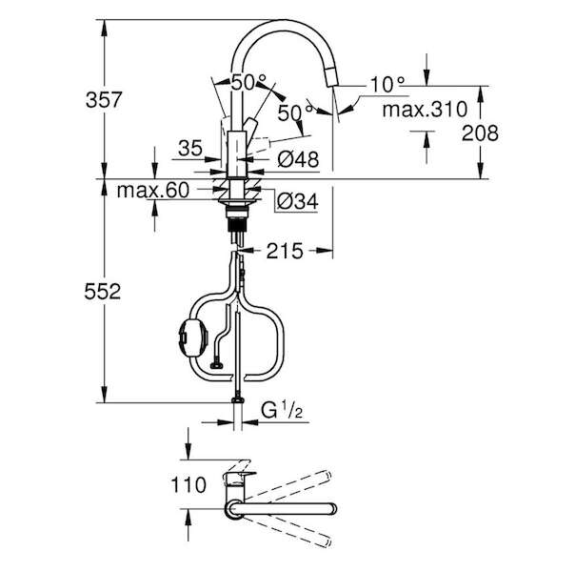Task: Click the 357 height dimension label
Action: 104,100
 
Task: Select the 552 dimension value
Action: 103,292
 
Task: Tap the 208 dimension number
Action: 480,133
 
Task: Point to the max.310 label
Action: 425,110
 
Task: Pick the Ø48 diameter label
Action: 298,159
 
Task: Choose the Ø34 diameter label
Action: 298,201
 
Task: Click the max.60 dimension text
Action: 153,190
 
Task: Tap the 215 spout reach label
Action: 285,251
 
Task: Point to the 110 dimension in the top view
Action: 188,485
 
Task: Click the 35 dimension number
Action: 190,149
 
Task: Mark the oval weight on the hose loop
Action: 193,336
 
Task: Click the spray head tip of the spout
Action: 332,77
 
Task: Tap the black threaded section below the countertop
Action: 237,225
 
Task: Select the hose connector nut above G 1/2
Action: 238,399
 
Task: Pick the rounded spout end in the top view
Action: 332,509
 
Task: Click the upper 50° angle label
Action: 248,82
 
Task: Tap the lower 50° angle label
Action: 295,112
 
